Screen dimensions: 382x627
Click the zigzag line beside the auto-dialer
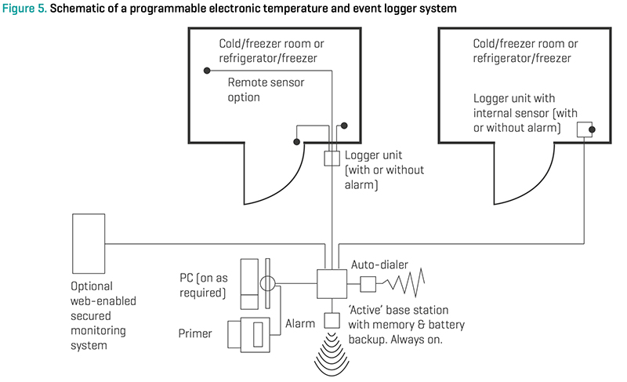pos(404,282)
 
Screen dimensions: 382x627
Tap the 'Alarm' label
pos(299,322)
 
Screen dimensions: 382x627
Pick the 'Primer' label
pos(194,333)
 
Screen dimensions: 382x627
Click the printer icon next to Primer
pos(250,333)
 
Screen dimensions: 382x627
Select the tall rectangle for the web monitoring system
pos(89,241)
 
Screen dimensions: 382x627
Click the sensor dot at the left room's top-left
pos(206,71)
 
